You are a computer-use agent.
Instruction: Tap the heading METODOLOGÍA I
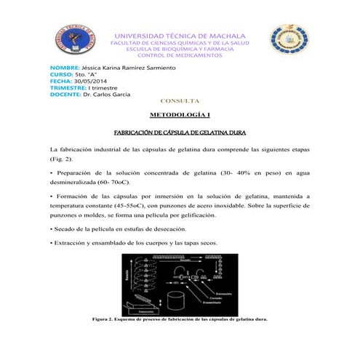pyautogui.click(x=180, y=116)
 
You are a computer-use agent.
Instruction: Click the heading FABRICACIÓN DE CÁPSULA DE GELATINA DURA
pyautogui.click(x=180, y=132)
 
